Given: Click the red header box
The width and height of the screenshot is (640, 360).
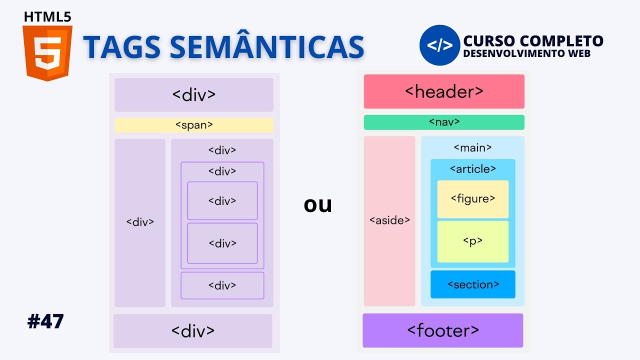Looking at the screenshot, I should click(x=444, y=91).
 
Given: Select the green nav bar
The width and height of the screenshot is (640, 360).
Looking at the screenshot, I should click(x=444, y=122).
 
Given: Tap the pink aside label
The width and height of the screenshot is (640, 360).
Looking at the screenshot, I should click(x=389, y=220).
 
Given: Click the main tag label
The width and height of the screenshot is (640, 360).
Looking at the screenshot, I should click(x=472, y=147).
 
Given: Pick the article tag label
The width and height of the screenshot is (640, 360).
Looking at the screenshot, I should click(x=472, y=169).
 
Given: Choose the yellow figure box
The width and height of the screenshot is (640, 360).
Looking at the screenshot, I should click(x=472, y=199).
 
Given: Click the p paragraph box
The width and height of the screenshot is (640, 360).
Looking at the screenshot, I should click(x=472, y=241).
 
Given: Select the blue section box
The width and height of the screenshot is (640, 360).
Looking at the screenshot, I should click(x=472, y=284).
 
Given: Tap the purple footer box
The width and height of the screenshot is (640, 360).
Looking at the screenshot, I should click(x=442, y=330).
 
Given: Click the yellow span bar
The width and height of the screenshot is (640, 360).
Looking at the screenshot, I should click(x=193, y=125).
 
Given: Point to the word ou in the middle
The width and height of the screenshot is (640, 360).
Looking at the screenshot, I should click(x=317, y=204).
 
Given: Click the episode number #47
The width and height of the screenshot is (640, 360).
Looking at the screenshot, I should click(x=45, y=321).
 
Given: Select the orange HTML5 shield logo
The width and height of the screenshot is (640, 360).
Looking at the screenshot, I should click(x=47, y=53).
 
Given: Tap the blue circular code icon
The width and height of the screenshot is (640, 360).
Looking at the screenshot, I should click(x=439, y=45).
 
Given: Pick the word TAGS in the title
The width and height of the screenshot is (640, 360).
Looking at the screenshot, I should click(x=122, y=47).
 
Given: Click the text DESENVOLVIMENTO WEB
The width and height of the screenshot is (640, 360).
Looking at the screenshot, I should click(x=526, y=53).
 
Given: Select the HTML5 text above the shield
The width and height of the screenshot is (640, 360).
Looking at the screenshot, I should click(x=47, y=16).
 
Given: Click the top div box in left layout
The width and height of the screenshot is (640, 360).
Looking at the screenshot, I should click(x=193, y=95).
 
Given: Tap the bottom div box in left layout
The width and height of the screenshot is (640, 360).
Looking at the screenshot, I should click(x=192, y=330).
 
